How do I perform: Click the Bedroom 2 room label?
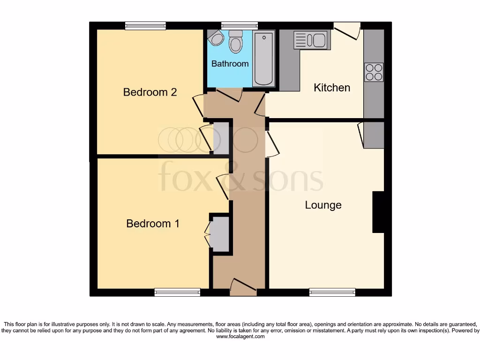[150, 92]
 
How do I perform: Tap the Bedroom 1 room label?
[153, 224]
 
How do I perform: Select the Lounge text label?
[323, 205]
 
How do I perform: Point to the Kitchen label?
[331, 88]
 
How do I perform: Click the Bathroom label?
[230, 63]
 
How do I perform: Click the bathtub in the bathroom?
[264, 59]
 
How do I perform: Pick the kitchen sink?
[310, 40]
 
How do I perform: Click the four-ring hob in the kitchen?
[374, 72]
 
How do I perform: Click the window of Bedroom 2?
[145, 26]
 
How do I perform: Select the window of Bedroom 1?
[177, 292]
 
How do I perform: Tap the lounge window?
[332, 292]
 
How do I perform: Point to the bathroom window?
[239, 26]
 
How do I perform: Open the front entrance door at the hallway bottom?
[243, 287]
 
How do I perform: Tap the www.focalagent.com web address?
[240, 337]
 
